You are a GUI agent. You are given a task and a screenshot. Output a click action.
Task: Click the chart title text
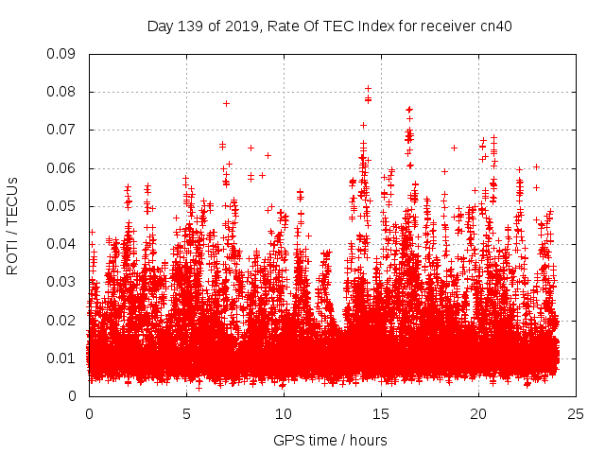330,26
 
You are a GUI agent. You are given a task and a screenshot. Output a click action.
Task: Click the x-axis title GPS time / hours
330,440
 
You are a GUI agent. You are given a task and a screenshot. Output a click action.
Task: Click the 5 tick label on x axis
186,413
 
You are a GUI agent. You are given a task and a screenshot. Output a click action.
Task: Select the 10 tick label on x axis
284,413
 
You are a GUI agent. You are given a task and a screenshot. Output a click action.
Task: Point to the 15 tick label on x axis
381,413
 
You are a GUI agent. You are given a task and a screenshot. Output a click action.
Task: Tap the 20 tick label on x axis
478,413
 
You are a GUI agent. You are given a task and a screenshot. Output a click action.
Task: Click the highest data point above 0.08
368,89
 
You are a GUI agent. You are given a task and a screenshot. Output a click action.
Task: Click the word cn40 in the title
494,26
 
